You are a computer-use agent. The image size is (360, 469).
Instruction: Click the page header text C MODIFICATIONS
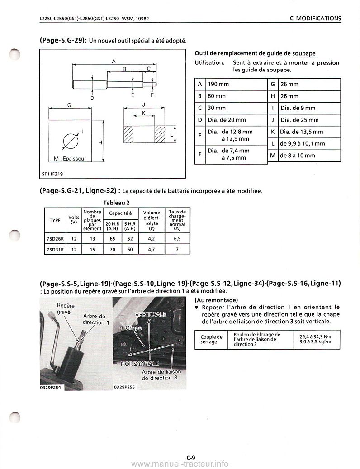315,19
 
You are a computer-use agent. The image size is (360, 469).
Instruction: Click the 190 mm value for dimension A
218,85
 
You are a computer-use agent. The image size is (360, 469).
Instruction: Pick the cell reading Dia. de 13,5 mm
302,132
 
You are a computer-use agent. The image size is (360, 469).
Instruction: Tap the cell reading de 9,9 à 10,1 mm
303,143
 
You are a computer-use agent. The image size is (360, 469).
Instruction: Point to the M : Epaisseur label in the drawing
70,159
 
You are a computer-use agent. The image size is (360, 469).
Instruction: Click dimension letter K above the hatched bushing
143,113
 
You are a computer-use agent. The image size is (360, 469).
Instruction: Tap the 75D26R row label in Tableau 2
55,238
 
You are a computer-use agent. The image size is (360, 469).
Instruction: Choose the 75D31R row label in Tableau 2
55,249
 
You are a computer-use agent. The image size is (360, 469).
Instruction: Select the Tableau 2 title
117,202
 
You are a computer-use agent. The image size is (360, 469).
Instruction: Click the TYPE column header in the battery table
55,220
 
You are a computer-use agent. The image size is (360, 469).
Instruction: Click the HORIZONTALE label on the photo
140,364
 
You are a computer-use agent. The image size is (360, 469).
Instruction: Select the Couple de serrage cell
211,339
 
